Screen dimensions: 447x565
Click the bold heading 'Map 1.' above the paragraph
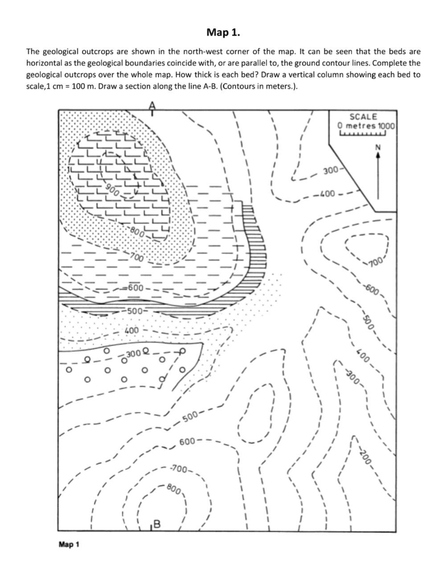pyautogui.click(x=223, y=33)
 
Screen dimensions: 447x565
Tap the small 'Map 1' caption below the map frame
pyautogui.click(x=69, y=544)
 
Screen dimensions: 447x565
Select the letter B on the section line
pyautogui.click(x=157, y=524)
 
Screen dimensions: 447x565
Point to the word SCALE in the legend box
pyautogui.click(x=363, y=117)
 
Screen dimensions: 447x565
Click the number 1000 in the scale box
pyautogui.click(x=386, y=125)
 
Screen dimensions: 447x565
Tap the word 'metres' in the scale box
pyautogui.click(x=361, y=125)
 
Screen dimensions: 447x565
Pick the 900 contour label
pyautogui.click(x=112, y=189)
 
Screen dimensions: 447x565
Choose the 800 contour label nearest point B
pyautogui.click(x=173, y=489)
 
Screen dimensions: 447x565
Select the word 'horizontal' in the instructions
pyautogui.click(x=43, y=63)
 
